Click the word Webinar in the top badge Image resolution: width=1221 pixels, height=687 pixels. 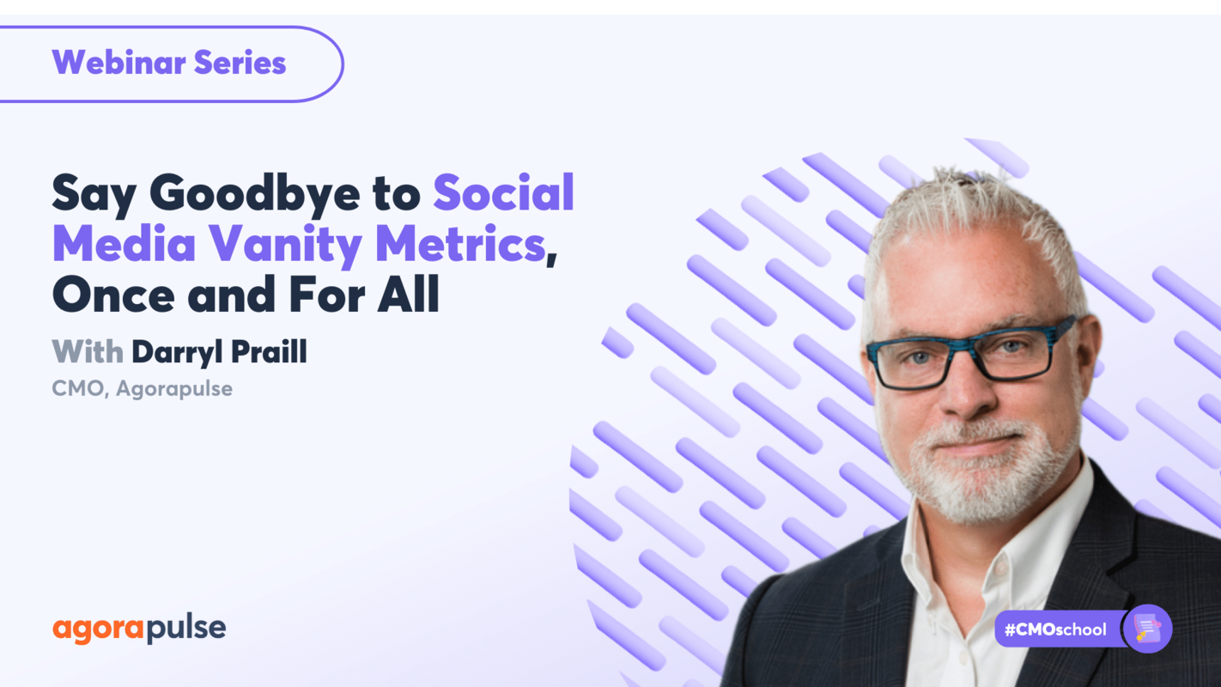pyautogui.click(x=118, y=64)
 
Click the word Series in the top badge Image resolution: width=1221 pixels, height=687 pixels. pyautogui.click(x=240, y=64)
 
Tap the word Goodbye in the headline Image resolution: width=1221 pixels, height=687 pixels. pyautogui.click(x=254, y=193)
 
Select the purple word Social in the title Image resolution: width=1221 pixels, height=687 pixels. pyautogui.click(x=503, y=193)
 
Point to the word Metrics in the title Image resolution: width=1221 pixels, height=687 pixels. pyautogui.click(x=460, y=245)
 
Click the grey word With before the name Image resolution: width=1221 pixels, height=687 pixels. pyautogui.click(x=87, y=352)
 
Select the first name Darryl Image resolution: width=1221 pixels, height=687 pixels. pyautogui.click(x=176, y=352)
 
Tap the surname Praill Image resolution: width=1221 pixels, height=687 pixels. pyautogui.click(x=265, y=352)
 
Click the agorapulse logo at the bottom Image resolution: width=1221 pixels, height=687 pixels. pyautogui.click(x=139, y=629)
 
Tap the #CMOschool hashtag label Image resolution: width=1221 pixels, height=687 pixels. pyautogui.click(x=1055, y=629)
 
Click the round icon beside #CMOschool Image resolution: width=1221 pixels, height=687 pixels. pyautogui.click(x=1148, y=629)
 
